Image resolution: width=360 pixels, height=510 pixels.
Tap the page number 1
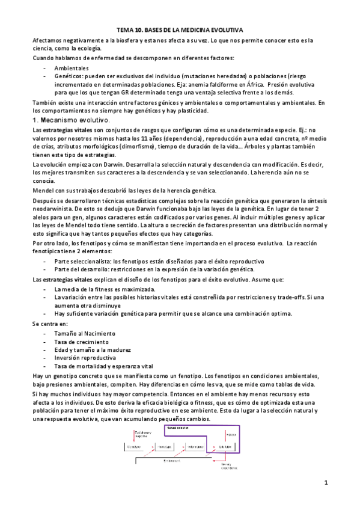coord(325,483)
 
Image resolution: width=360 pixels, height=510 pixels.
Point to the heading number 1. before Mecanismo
coord(35,120)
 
